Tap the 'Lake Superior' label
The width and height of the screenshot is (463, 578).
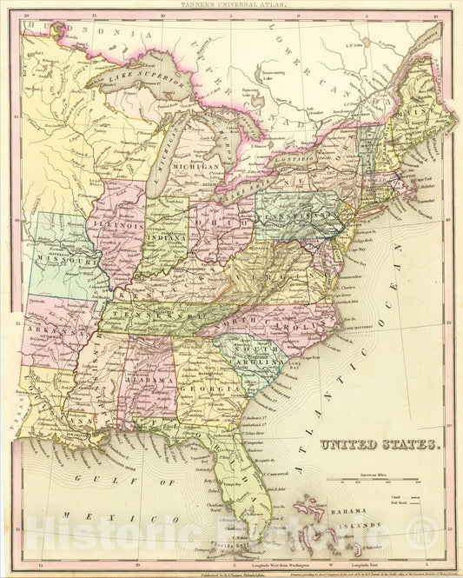click(140, 84)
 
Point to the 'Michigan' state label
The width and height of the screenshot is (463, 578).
click(196, 166)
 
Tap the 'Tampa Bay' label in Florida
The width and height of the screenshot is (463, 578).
click(231, 484)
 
